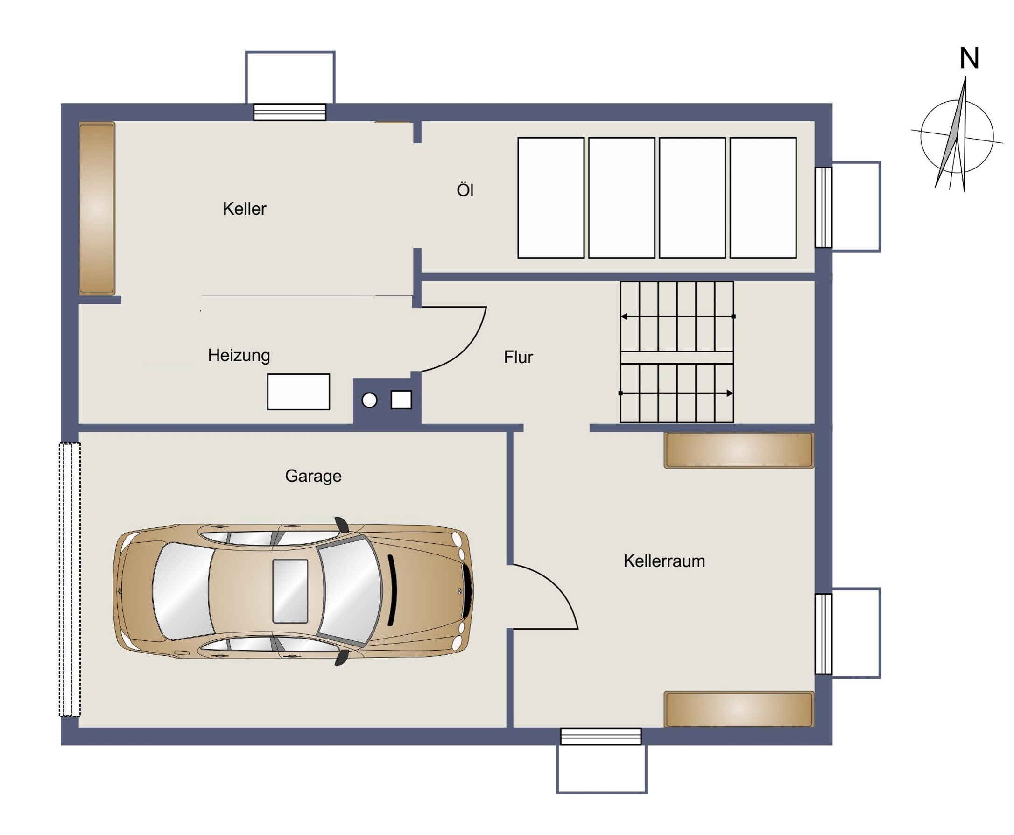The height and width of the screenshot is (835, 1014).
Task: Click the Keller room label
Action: click(x=244, y=208)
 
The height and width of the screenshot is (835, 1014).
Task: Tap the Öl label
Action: click(x=465, y=189)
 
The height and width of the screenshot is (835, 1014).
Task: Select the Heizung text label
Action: click(x=239, y=356)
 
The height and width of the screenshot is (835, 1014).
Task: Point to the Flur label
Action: click(x=518, y=357)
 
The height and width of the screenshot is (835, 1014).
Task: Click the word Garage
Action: click(x=313, y=476)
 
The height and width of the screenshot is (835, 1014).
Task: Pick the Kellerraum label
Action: click(x=664, y=561)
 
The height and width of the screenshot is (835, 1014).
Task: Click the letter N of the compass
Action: click(x=969, y=58)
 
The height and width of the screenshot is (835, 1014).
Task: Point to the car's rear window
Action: click(x=184, y=591)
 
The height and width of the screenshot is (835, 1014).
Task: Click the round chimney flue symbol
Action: click(x=369, y=400)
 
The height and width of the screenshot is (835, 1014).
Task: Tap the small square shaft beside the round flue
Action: click(x=401, y=400)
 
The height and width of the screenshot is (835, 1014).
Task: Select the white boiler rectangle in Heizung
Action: click(x=298, y=392)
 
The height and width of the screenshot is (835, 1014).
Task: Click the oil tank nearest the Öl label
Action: click(x=551, y=198)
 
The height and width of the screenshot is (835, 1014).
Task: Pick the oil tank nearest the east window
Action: click(x=763, y=198)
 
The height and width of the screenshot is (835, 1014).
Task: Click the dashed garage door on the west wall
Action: click(x=70, y=579)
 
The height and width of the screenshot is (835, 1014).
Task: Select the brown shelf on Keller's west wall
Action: click(x=97, y=208)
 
